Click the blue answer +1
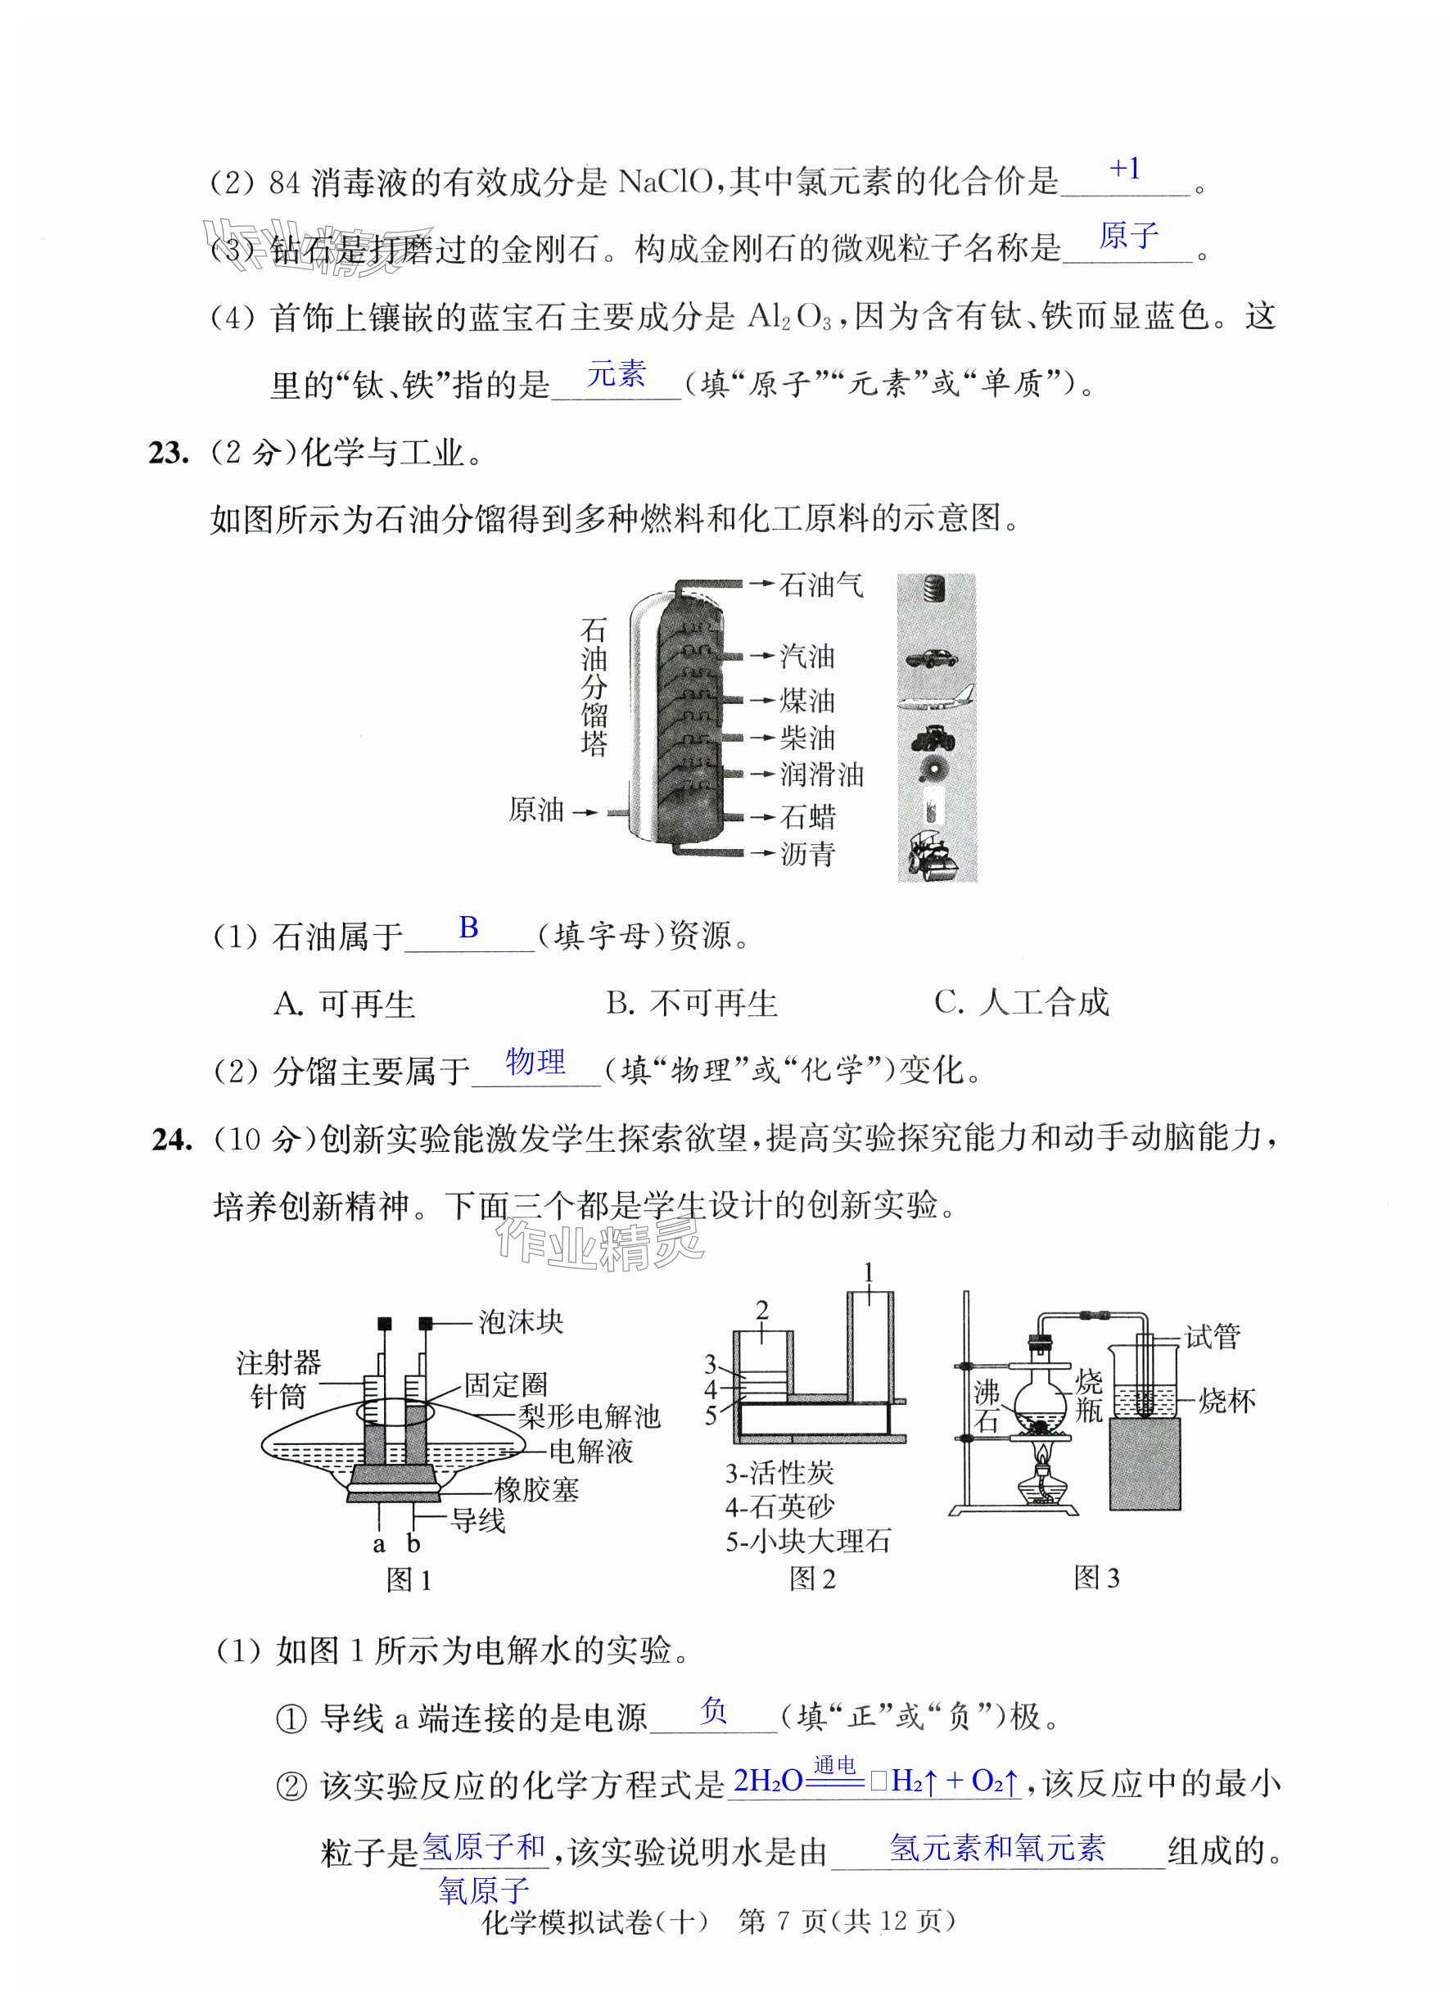pyautogui.click(x=1125, y=169)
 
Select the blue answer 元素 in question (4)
pyautogui.click(x=616, y=375)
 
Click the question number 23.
pyautogui.click(x=169, y=453)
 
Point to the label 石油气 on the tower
pyautogui.click(x=820, y=585)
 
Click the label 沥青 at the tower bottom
pyautogui.click(x=807, y=854)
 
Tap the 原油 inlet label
pyautogui.click(x=536, y=810)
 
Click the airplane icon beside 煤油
pyautogui.click(x=936, y=699)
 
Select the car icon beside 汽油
pyautogui.click(x=933, y=658)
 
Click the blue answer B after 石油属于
pyautogui.click(x=469, y=928)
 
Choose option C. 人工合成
pyautogui.click(x=1021, y=1003)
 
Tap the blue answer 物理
pyautogui.click(x=535, y=1061)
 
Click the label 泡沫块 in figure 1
pyautogui.click(x=521, y=1322)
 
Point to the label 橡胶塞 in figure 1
pyautogui.click(x=536, y=1489)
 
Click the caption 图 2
pyautogui.click(x=812, y=1578)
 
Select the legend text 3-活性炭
pyautogui.click(x=779, y=1473)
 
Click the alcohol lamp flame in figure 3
pyautogui.click(x=1044, y=1454)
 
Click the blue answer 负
pyautogui.click(x=714, y=1709)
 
